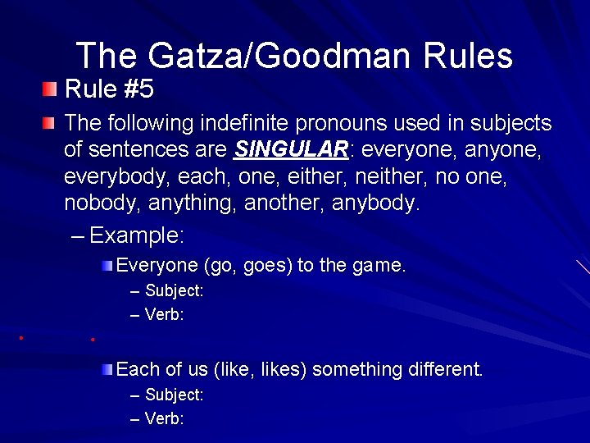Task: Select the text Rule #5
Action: click(x=109, y=88)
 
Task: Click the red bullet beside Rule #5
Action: click(x=51, y=88)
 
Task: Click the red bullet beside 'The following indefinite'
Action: click(x=51, y=124)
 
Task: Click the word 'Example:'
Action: click(x=137, y=236)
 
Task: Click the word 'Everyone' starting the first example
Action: click(x=157, y=265)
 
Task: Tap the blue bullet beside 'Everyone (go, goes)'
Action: click(x=108, y=265)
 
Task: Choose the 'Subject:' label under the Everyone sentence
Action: click(x=174, y=290)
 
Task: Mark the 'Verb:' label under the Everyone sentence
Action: click(x=164, y=314)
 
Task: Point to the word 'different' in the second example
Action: click(x=441, y=370)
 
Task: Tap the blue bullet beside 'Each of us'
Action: click(x=108, y=369)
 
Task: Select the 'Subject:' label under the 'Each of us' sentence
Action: click(x=174, y=395)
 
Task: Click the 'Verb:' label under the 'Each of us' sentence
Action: click(x=164, y=418)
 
